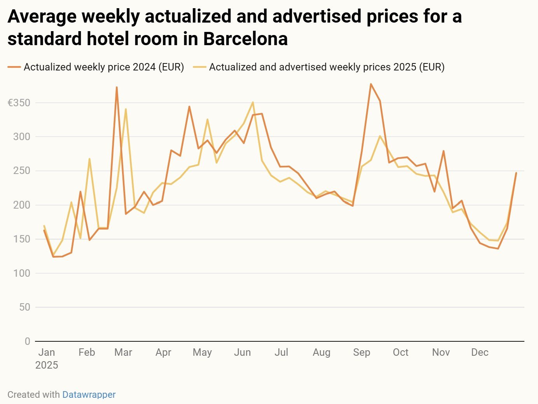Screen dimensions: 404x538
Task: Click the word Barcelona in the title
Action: coord(245,39)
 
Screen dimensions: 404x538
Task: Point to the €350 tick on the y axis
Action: coord(19,103)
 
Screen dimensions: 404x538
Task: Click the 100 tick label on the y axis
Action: coord(22,273)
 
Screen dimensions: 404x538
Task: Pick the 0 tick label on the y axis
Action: coord(27,341)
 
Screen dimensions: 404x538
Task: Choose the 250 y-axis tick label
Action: coord(22,171)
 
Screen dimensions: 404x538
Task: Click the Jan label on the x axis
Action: coord(47,352)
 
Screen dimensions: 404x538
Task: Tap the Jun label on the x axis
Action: coord(242,352)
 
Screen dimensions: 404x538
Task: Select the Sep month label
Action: coord(362,352)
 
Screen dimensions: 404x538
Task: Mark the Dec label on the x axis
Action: coord(480,352)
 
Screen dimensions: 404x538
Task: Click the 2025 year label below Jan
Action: coord(47,365)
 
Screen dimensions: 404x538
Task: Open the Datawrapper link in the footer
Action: coord(89,395)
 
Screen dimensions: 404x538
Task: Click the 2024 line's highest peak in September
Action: coord(371,84)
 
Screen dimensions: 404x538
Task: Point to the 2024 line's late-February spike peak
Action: coord(117,87)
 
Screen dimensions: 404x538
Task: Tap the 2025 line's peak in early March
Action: coord(126,109)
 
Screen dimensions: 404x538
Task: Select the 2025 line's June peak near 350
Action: coord(253,102)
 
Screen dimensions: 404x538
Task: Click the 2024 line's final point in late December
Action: coord(516,173)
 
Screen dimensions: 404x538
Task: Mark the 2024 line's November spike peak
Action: coord(444,151)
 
